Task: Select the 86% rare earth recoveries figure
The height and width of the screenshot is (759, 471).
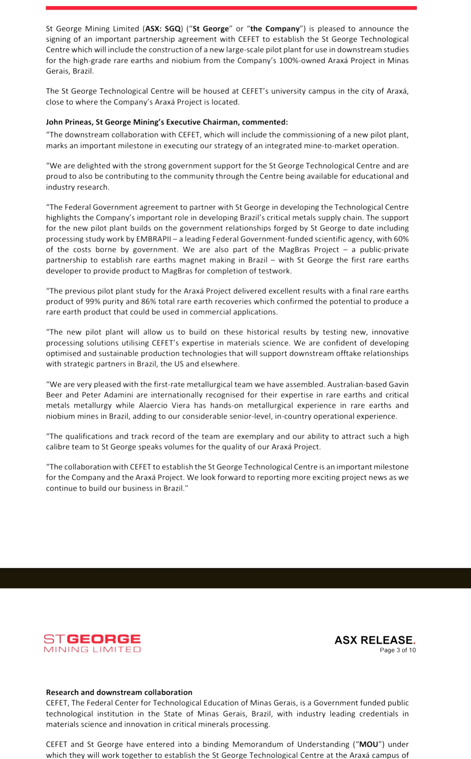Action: tap(149, 301)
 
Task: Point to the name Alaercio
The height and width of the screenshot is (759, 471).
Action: tap(153, 405)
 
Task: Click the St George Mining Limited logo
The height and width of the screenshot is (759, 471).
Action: tap(92, 643)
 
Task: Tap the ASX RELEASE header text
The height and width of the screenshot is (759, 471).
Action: tap(375, 640)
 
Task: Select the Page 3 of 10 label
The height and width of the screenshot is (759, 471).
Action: tap(397, 650)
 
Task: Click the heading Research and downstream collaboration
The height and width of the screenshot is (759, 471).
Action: tap(119, 692)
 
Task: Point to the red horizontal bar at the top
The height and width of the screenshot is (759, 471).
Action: tap(231, 8)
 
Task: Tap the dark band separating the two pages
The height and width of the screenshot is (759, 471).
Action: tap(235, 578)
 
